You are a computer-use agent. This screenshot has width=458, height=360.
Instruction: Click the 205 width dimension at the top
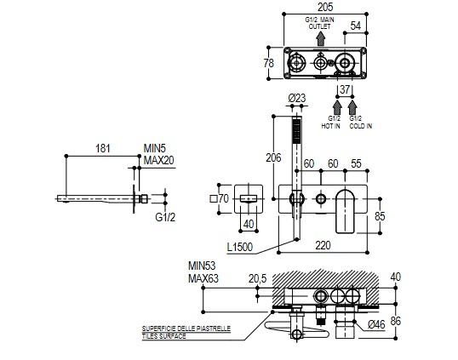coord(325,7)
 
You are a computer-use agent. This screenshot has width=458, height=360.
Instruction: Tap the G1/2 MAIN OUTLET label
coord(320,23)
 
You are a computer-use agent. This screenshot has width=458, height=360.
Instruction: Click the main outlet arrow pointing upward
coord(321,38)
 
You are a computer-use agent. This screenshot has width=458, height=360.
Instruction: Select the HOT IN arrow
coord(337,107)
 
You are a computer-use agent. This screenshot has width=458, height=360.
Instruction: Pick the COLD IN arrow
coord(352,107)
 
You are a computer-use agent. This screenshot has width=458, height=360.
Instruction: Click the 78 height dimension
coord(269,63)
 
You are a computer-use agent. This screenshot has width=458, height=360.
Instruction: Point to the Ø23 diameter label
coord(297,98)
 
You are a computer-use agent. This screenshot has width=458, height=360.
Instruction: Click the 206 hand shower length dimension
coord(273,157)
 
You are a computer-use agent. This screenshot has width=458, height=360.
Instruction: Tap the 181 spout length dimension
coord(103,148)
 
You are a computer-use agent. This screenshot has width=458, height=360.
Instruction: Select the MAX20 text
coord(158,160)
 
